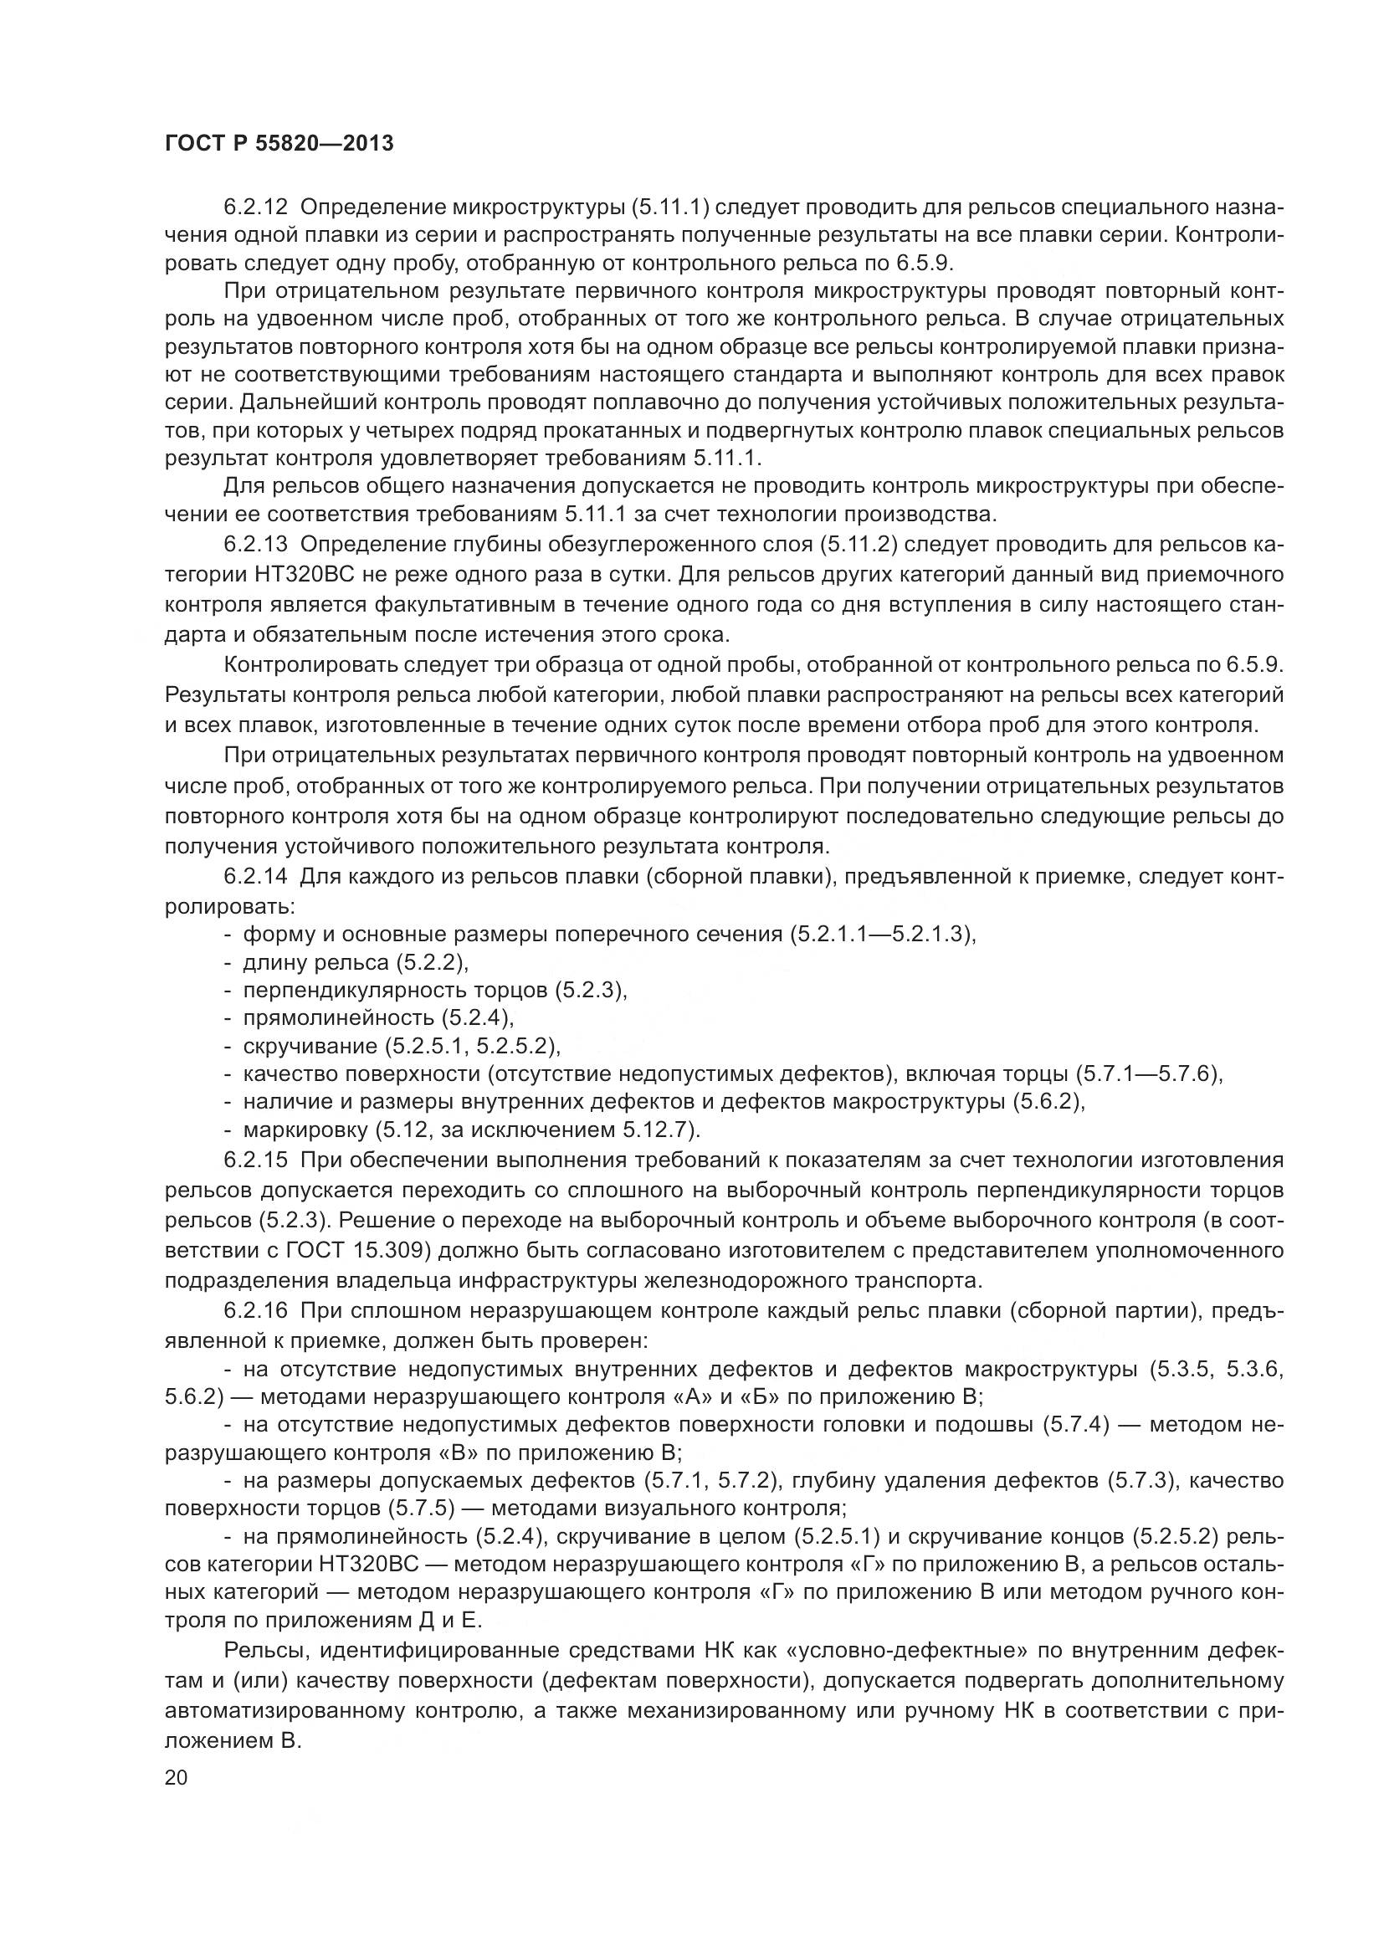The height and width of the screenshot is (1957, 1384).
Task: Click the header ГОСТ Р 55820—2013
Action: (279, 143)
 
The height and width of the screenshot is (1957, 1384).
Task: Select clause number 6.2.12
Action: (256, 207)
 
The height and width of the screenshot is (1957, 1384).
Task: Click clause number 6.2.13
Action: (256, 545)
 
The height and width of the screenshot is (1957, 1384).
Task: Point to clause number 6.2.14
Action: (256, 877)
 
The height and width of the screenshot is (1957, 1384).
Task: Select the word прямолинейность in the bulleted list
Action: (338, 1017)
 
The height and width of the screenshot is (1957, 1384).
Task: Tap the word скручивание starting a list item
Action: (310, 1046)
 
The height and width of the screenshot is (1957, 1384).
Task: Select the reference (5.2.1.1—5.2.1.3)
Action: (881, 935)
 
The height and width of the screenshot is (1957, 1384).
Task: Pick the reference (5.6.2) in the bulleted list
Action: (1047, 1102)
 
